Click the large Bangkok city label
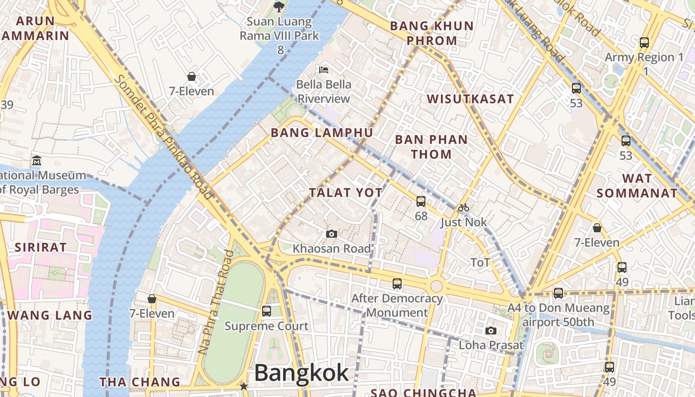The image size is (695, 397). pos(301,373)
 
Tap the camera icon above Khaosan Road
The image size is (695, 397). pos(332,234)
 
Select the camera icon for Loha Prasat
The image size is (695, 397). pos(491,331)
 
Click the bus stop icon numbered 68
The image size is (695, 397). pos(421,201)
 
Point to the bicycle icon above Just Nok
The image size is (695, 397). pos(464,207)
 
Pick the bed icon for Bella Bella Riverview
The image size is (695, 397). pos(324,69)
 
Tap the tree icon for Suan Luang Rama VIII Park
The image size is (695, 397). pos(279,6)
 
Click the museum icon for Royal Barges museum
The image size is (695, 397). pos(37,161)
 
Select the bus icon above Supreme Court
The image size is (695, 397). pos(267,311)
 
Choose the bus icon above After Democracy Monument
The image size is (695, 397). pos(397,284)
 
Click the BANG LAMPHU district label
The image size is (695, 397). pos(322,132)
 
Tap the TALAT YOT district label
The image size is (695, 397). pos(346,193)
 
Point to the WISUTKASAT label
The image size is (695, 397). pos(470,99)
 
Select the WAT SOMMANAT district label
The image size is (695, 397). pos(637,186)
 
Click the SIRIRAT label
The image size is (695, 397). pos(41,247)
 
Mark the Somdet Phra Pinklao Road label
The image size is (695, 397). pos(162,137)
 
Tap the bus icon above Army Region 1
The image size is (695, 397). pos(644,43)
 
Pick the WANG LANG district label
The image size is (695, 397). pos(50,315)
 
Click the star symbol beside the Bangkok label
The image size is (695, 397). pos(244,386)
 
